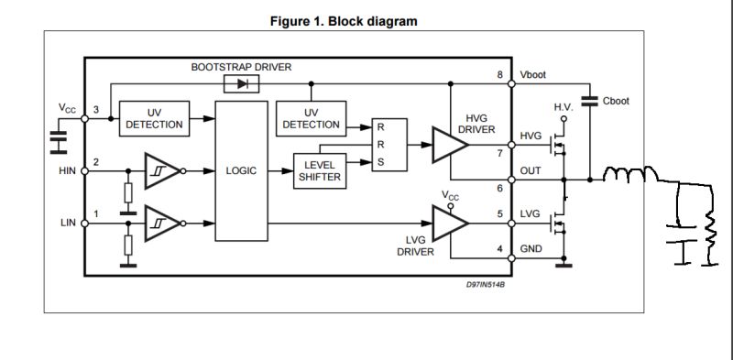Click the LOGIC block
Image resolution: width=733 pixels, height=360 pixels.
[242, 170]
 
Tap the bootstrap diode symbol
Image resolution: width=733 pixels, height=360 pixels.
[242, 83]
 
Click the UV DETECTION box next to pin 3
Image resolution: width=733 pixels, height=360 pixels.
[153, 118]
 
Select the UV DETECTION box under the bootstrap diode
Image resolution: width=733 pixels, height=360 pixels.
[311, 118]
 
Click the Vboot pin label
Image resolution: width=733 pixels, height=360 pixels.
[532, 74]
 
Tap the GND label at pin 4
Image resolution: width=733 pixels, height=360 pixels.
[531, 249]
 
